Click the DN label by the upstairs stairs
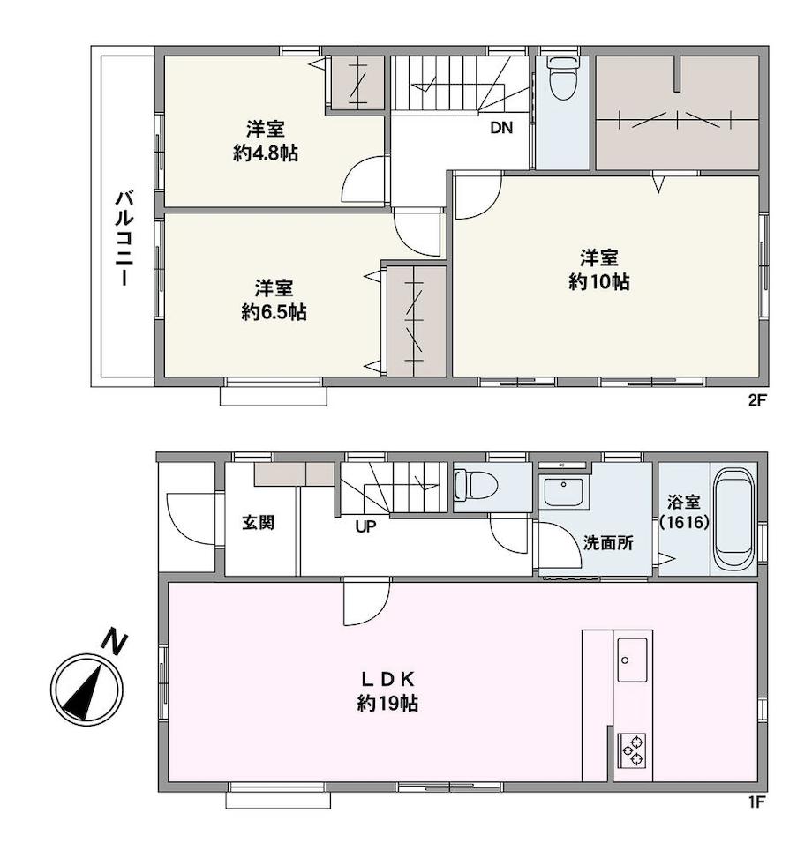click(x=501, y=128)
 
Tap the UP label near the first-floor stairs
click(x=365, y=526)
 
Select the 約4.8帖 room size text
click(x=266, y=153)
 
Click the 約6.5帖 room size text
click(x=274, y=312)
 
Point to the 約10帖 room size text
click(x=598, y=282)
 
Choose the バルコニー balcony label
click(x=124, y=238)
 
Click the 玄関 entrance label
click(x=259, y=523)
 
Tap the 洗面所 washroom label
click(x=608, y=542)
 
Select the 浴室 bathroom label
click(x=683, y=502)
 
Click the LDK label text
click(x=388, y=679)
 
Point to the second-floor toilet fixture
click(x=561, y=78)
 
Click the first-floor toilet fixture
click(x=476, y=485)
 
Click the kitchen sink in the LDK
click(x=632, y=660)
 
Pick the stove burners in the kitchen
click(x=632, y=749)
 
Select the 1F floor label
click(x=757, y=802)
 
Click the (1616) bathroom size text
click(x=684, y=523)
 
